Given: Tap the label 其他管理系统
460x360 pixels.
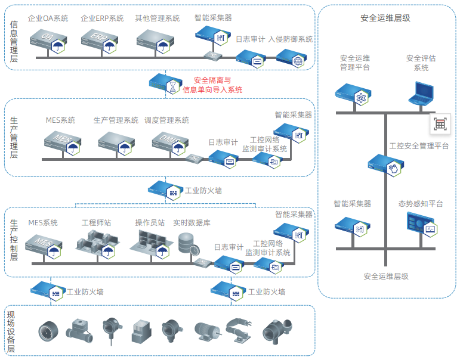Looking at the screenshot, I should point(158,18).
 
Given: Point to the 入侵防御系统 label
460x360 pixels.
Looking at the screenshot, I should point(291,39).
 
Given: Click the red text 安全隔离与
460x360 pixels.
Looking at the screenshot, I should point(212,80).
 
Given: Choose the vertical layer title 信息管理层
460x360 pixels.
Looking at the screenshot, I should point(14,42).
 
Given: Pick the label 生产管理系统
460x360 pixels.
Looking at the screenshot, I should point(116,120).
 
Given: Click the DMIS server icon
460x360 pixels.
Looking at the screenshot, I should point(168,142).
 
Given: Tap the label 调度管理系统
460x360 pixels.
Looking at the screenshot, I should point(166,120).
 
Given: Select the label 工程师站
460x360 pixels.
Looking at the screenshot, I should point(96,223).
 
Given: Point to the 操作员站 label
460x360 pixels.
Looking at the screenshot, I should point(150,223).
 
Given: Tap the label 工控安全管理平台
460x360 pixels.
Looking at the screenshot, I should point(419,145).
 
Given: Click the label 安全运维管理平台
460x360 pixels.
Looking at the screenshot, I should point(355,63).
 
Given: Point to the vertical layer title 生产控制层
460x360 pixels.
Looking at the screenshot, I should point(14,240).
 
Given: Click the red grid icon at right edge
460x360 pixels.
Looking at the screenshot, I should point(440,124).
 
